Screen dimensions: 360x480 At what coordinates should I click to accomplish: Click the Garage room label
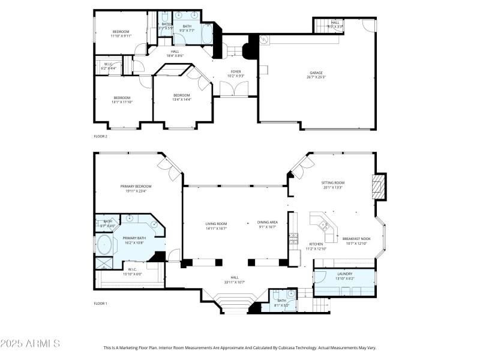pos(316,73)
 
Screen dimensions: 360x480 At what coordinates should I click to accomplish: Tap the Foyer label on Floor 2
pos(236,72)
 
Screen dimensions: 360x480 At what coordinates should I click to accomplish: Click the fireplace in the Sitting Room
pos(377,187)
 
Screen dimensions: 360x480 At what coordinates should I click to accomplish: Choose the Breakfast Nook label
pos(356,239)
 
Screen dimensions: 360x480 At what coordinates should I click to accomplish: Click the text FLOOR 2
pos(101,137)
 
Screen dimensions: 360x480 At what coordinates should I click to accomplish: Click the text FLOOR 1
pos(101,304)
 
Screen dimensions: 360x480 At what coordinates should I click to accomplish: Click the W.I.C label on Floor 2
pos(109,64)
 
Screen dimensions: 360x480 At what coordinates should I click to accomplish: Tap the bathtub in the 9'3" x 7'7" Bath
pos(206,35)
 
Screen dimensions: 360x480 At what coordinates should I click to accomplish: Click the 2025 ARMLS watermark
pos(30,344)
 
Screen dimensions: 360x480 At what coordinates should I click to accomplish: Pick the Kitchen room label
pos(316,244)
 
